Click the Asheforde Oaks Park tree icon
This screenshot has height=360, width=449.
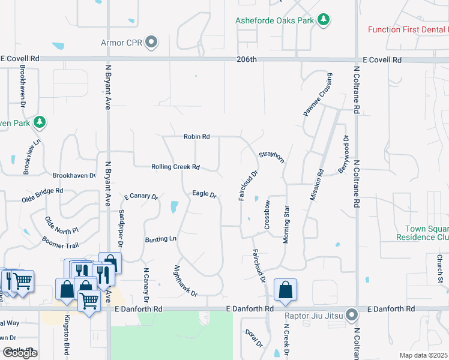coord(324,20)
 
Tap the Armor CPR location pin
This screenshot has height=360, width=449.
coord(152,43)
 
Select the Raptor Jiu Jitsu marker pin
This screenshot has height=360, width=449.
coord(353,314)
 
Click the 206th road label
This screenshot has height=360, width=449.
coord(246,59)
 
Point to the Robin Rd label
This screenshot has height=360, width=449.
coord(196,137)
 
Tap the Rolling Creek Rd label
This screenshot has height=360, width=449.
coord(175,167)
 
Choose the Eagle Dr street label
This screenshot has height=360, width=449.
coord(203,193)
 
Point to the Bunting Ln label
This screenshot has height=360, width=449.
coord(160,239)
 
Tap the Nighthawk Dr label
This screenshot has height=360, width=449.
coord(185,281)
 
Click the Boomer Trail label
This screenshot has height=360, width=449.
coord(60,242)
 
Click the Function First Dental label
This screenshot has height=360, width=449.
coord(408,29)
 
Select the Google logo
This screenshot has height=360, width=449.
coord(20,353)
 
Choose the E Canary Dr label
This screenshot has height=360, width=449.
coord(140,196)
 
